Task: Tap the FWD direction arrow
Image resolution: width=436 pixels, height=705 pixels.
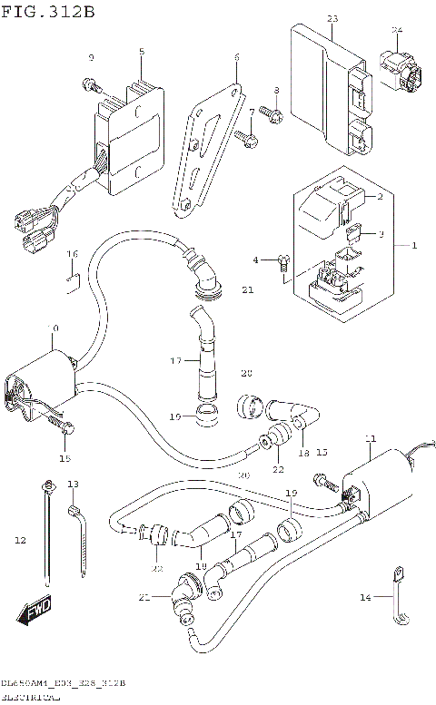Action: pos(32,613)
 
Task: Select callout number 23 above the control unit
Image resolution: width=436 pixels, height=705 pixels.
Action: pos(332,19)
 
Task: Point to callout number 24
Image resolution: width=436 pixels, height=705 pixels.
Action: pos(396,30)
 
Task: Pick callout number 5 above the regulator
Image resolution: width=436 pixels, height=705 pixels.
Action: pos(141,52)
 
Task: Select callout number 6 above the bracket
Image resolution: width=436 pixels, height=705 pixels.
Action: pos(236,57)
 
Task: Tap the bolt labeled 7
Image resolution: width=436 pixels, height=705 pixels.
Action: pos(243,136)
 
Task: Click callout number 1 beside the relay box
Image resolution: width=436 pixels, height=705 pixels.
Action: pos(413,246)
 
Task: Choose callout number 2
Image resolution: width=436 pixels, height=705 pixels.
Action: pos(380,196)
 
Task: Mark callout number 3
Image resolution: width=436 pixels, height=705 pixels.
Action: pos(381,234)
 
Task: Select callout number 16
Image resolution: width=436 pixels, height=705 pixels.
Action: pos(73,253)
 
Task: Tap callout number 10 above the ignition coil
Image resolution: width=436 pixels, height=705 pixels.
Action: pos(54,328)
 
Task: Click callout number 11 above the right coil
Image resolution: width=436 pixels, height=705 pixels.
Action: pos(369,439)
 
